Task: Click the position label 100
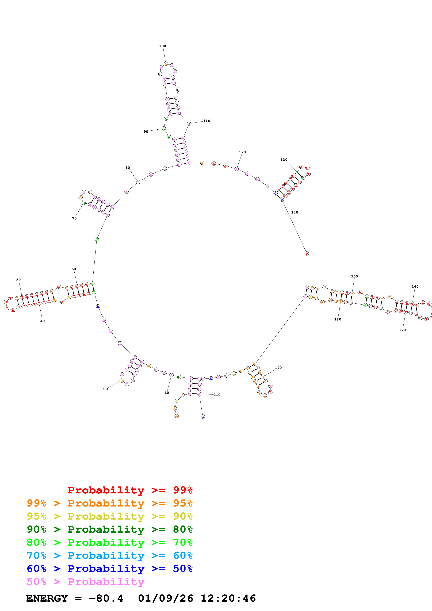pyautogui.click(x=162, y=46)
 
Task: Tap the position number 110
pyautogui.click(x=207, y=121)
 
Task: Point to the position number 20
pyautogui.click(x=105, y=389)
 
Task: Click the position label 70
pyautogui.click(x=74, y=218)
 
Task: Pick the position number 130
pyautogui.click(x=284, y=160)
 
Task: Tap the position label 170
pyautogui.click(x=402, y=330)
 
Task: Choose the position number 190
pyautogui.click(x=278, y=368)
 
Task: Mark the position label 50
pyautogui.click(x=18, y=280)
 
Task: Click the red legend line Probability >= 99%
pyautogui.click(x=130, y=490)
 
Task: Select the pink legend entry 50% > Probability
pyautogui.click(x=85, y=582)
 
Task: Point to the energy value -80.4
pyautogui.click(x=106, y=598)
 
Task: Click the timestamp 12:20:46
pyautogui.click(x=228, y=598)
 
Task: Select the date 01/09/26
pyautogui.click(x=166, y=598)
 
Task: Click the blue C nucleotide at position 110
pyautogui.click(x=189, y=124)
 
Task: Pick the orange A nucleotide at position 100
pyautogui.click(x=166, y=64)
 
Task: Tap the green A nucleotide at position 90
pyautogui.click(x=164, y=129)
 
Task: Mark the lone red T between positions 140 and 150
pyautogui.click(x=307, y=253)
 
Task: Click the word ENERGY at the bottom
pyautogui.click(x=47, y=598)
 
